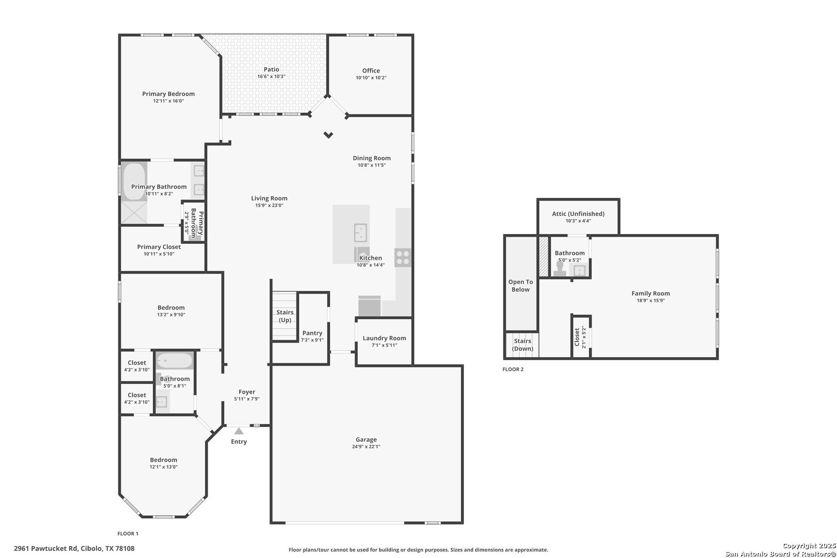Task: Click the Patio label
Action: coord(271,70)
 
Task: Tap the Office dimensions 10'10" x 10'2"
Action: coord(371,78)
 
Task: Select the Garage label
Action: coord(366,440)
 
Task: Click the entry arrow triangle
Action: coord(239,431)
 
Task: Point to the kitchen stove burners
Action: coord(403,257)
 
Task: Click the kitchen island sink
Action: coord(361,233)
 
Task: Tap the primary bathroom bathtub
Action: coord(134,181)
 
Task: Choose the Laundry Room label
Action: coord(384,338)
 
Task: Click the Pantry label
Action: coord(313,333)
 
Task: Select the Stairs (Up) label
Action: coord(285,316)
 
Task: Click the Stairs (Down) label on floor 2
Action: coord(522,345)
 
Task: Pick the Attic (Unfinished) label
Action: coord(579,214)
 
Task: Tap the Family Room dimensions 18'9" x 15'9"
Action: coord(651,301)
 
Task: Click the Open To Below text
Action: coord(520,286)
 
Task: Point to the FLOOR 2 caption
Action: coord(513,369)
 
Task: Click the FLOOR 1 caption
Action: coord(128,534)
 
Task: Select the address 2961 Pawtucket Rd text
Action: coord(46,549)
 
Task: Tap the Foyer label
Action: coord(247,392)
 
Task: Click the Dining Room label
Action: coord(372,158)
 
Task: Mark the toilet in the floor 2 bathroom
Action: coord(560,269)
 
